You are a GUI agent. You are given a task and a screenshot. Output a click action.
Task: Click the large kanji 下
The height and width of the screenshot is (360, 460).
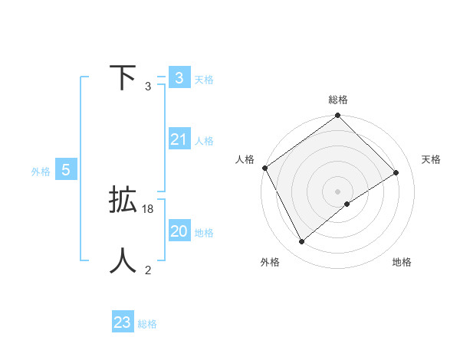click(x=122, y=78)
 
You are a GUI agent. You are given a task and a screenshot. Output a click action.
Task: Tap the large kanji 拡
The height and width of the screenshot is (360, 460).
click(x=123, y=201)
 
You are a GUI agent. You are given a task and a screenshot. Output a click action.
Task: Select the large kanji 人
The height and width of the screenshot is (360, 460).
click(x=123, y=261)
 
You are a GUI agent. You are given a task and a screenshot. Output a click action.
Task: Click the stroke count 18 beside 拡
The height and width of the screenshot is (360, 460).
click(x=148, y=208)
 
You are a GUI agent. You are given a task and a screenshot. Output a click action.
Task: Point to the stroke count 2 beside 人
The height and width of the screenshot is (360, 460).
click(x=148, y=270)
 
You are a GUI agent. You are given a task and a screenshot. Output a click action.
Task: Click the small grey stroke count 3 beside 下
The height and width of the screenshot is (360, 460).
click(x=148, y=87)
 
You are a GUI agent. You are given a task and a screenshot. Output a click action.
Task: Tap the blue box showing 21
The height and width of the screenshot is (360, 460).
click(x=179, y=139)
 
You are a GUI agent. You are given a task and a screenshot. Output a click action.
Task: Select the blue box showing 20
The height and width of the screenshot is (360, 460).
click(x=179, y=231)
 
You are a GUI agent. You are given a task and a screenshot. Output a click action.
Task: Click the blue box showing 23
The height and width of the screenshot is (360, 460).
click(x=123, y=322)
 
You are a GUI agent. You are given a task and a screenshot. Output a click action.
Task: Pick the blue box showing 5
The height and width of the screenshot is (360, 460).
click(x=66, y=170)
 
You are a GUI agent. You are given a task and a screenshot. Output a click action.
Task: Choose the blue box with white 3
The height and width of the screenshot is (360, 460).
click(x=179, y=78)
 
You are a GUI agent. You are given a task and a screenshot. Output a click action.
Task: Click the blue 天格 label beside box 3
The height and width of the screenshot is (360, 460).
click(x=204, y=79)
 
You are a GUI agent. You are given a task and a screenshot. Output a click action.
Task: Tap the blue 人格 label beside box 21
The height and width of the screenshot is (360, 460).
click(x=204, y=141)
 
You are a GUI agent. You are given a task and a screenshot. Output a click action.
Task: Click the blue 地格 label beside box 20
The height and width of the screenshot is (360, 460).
click(x=204, y=233)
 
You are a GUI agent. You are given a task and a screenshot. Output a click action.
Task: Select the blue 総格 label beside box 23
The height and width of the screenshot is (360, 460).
click(x=147, y=324)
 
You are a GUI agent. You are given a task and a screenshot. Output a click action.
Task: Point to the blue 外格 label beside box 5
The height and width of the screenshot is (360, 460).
click(x=41, y=172)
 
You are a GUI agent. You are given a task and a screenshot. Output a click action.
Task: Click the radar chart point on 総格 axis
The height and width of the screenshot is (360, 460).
click(x=337, y=116)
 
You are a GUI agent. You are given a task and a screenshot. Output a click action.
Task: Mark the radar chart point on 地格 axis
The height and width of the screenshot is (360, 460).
click(x=347, y=204)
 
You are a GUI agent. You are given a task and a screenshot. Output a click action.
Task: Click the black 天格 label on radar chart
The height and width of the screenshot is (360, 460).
click(x=431, y=159)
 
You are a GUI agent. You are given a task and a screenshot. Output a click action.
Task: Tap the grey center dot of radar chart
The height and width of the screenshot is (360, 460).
click(x=337, y=191)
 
